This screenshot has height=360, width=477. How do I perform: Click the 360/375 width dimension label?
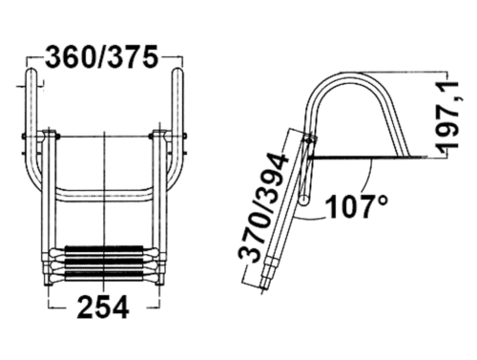pyautogui.click(x=102, y=57)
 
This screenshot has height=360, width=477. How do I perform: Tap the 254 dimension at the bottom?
pyautogui.click(x=103, y=307)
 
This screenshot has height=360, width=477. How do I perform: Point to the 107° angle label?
pyautogui.click(x=357, y=206)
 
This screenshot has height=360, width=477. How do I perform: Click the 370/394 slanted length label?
pyautogui.click(x=264, y=207)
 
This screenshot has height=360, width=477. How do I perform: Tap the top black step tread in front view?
pyautogui.click(x=104, y=249)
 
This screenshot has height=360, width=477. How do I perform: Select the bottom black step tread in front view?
pyautogui.click(x=104, y=276)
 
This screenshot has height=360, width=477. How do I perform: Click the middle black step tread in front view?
pyautogui.click(x=104, y=263)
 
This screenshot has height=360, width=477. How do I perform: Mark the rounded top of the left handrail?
pyautogui.click(x=31, y=72)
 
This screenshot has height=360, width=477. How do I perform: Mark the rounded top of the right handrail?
pyautogui.click(x=176, y=72)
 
